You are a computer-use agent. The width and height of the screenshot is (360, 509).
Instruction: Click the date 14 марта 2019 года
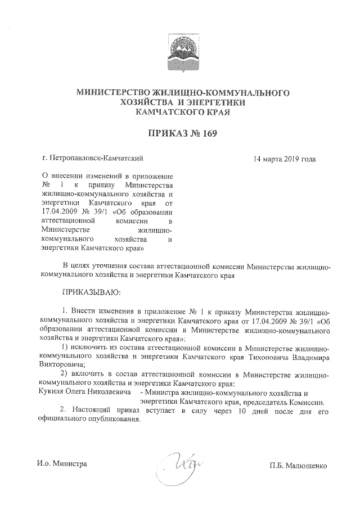pyautogui.click(x=284, y=159)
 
